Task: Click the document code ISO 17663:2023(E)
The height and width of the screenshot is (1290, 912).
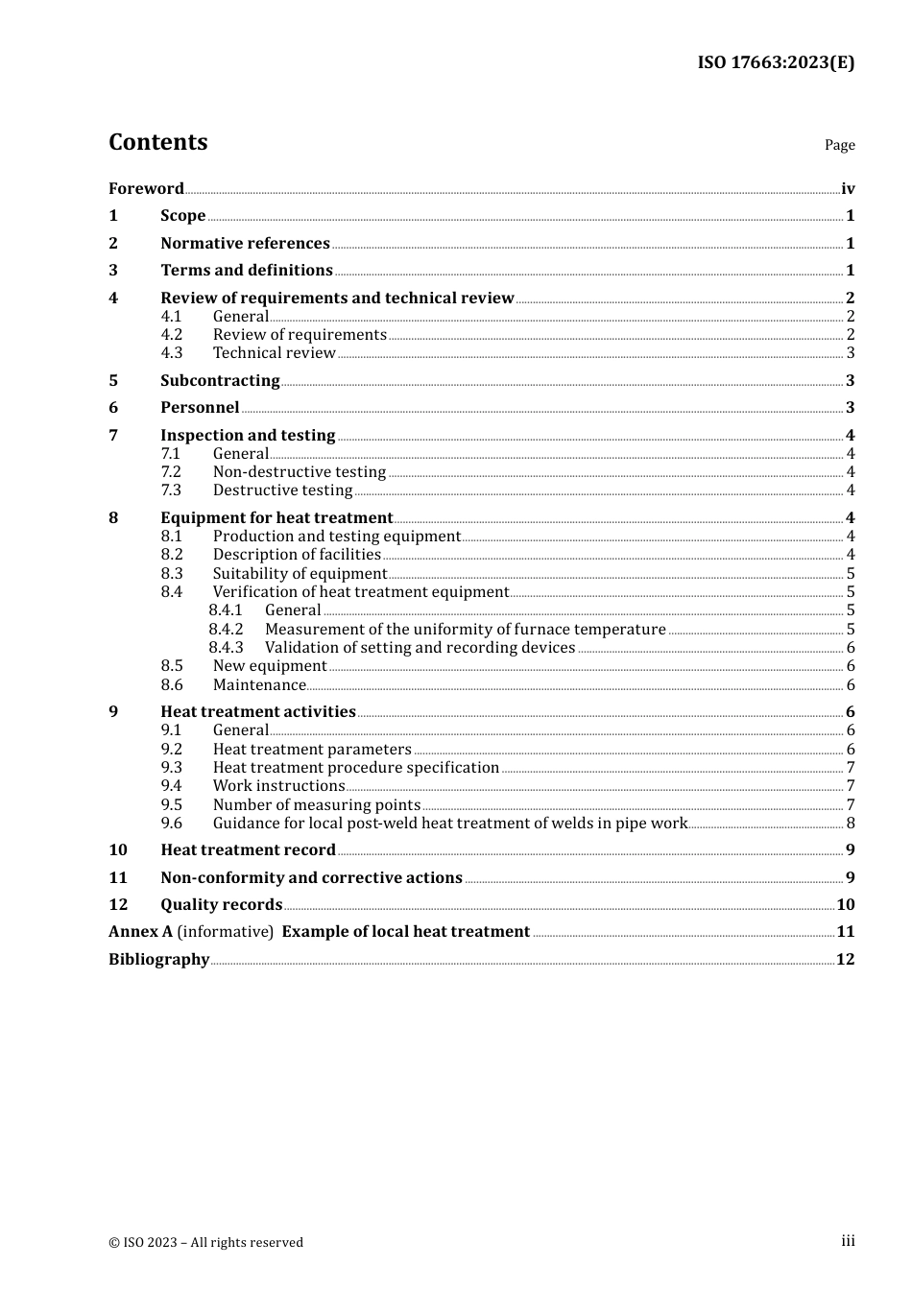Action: (x=775, y=62)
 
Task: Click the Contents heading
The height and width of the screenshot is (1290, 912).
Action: (x=157, y=142)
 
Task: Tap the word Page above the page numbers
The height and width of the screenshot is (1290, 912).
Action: (x=839, y=145)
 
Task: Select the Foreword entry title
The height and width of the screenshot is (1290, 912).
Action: (x=146, y=188)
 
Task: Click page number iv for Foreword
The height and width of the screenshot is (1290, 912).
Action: (x=848, y=189)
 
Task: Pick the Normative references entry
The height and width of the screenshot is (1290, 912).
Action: (x=245, y=243)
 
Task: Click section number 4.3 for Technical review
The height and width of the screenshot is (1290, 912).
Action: (x=172, y=353)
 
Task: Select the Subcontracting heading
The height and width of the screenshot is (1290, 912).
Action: (x=220, y=380)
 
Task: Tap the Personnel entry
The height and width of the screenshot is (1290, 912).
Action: (x=200, y=408)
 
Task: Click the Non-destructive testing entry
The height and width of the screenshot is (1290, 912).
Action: (x=300, y=472)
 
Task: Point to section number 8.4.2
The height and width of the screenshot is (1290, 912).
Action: (x=226, y=630)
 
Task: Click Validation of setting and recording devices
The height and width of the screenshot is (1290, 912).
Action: (x=420, y=648)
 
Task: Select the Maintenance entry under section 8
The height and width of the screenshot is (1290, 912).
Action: (x=259, y=685)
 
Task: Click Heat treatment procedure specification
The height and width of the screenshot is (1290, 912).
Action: (x=355, y=768)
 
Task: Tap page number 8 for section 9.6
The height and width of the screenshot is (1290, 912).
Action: (x=851, y=824)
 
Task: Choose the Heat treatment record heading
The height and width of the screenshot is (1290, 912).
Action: (x=248, y=849)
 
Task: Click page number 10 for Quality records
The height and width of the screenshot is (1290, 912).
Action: (x=846, y=904)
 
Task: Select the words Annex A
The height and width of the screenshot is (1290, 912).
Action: (x=141, y=932)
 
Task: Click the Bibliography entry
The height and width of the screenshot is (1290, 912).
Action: (x=158, y=959)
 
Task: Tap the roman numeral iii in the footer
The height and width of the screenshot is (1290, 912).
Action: (x=848, y=1241)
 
